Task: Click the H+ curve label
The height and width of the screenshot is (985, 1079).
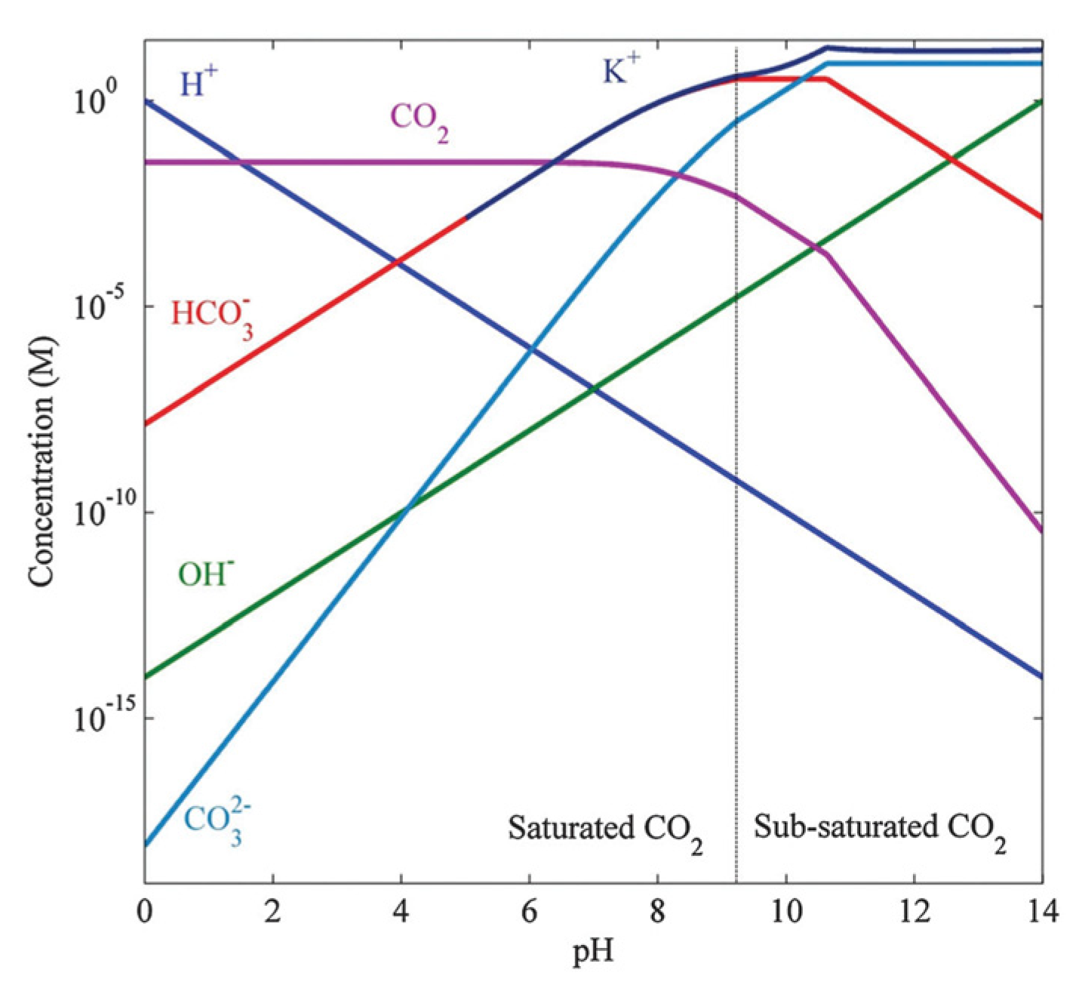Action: click(198, 82)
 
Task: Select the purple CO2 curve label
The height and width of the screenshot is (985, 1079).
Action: click(419, 122)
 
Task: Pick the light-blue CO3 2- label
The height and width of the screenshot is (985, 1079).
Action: click(218, 823)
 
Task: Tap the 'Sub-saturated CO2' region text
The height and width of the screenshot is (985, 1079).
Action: click(880, 830)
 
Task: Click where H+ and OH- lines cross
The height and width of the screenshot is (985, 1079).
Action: click(594, 389)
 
